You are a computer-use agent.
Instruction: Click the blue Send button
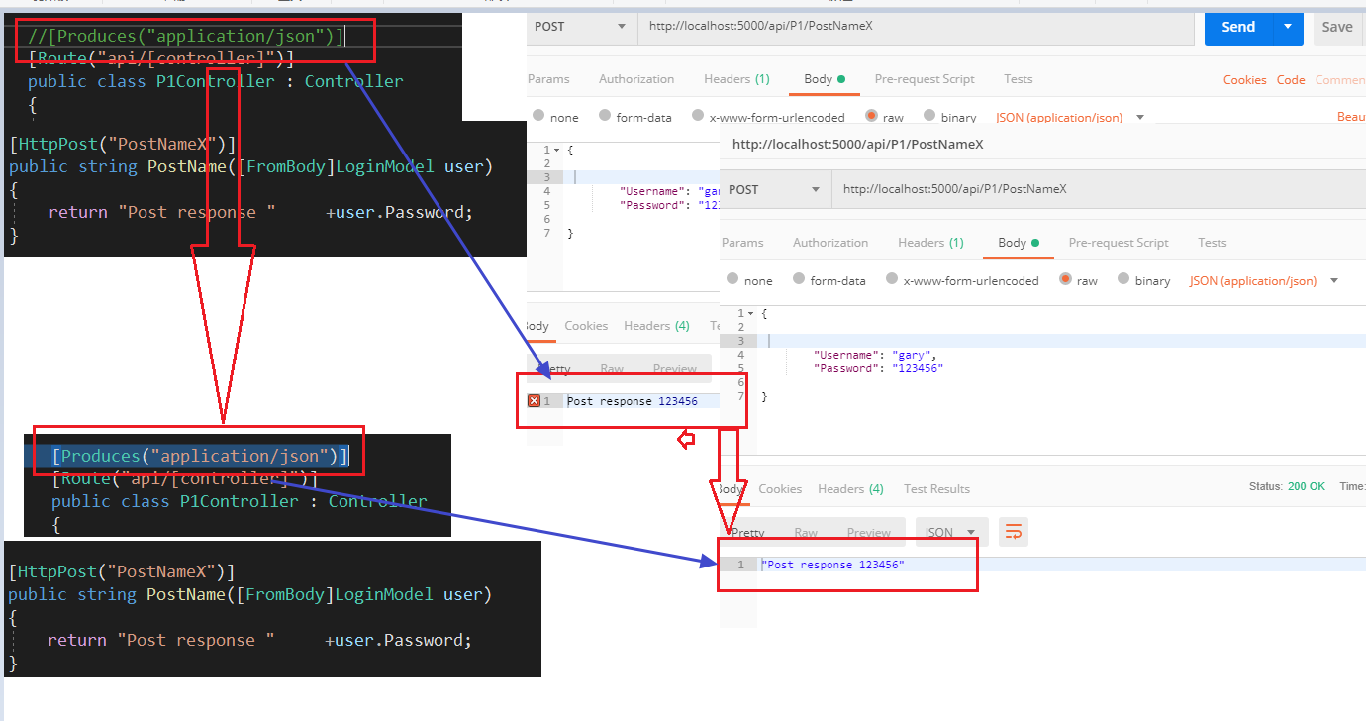point(1237,27)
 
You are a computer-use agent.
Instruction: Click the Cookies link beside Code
point(1244,80)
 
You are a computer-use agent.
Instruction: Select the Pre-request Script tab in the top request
point(925,79)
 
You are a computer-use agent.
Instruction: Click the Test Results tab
point(936,489)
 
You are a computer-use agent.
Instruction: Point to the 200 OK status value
point(1307,487)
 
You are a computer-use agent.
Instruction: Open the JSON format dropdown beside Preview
point(951,533)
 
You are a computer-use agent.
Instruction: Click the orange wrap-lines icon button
point(1013,533)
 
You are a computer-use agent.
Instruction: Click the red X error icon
point(535,401)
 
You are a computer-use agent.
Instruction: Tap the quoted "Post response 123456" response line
point(832,565)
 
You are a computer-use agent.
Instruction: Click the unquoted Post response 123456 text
point(632,401)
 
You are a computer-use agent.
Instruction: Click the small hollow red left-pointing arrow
point(685,440)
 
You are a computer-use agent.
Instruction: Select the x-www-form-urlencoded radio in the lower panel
point(892,280)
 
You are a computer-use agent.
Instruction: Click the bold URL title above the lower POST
point(857,145)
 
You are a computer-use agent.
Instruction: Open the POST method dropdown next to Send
point(580,27)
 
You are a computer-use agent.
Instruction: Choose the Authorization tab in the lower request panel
point(830,243)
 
